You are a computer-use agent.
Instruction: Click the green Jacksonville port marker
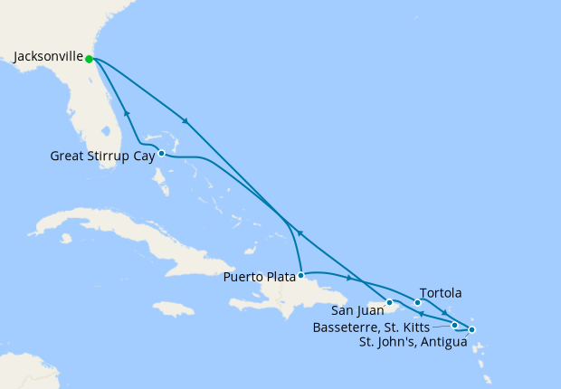point(89,60)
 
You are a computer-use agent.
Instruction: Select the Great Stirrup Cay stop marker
point(161,153)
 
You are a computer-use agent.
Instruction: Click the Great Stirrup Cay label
point(101,156)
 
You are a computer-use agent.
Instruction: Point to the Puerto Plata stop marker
point(300,274)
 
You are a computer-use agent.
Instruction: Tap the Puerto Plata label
point(259,277)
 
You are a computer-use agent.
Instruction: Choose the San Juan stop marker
point(389,302)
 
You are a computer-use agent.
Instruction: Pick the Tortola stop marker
point(417,302)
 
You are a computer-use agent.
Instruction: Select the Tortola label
point(442,293)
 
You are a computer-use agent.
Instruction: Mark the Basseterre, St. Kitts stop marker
point(454,324)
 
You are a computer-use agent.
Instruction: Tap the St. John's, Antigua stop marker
point(471,329)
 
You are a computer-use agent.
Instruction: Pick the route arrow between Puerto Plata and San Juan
point(348,278)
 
